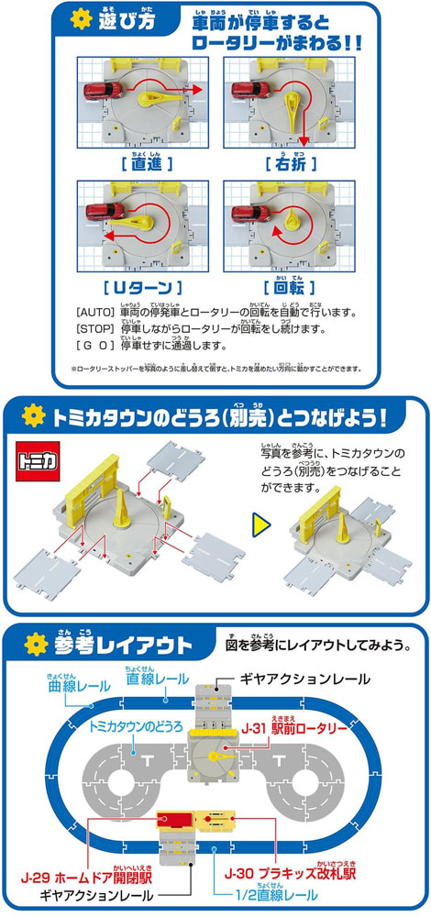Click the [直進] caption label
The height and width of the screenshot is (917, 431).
point(143,162)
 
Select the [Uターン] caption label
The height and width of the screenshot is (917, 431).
point(143,287)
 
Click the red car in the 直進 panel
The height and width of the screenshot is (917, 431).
point(103,91)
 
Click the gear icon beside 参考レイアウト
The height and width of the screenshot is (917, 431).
point(36,645)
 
